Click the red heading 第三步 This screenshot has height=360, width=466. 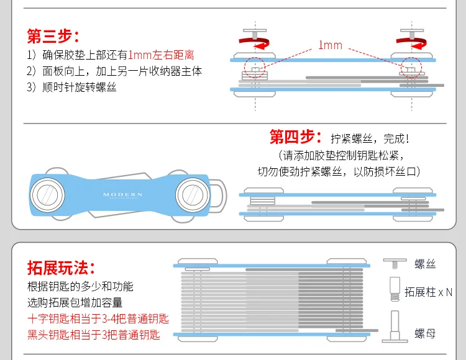pyautogui.click(x=53, y=35)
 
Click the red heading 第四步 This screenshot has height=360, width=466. pyautogui.click(x=295, y=137)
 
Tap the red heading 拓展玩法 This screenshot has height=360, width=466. pyautogui.click(x=60, y=268)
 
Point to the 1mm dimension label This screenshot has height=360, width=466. pyautogui.click(x=330, y=45)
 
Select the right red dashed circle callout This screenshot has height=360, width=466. pyautogui.click(x=410, y=65)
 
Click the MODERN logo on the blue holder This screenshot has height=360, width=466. pyautogui.click(x=123, y=195)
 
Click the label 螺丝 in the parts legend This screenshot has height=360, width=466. pyautogui.click(x=426, y=264)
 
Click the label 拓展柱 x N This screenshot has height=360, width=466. pyautogui.click(x=429, y=292)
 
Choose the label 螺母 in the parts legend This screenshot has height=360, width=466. pyautogui.click(x=426, y=335)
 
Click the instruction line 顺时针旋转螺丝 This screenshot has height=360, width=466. pyautogui.click(x=72, y=87)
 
